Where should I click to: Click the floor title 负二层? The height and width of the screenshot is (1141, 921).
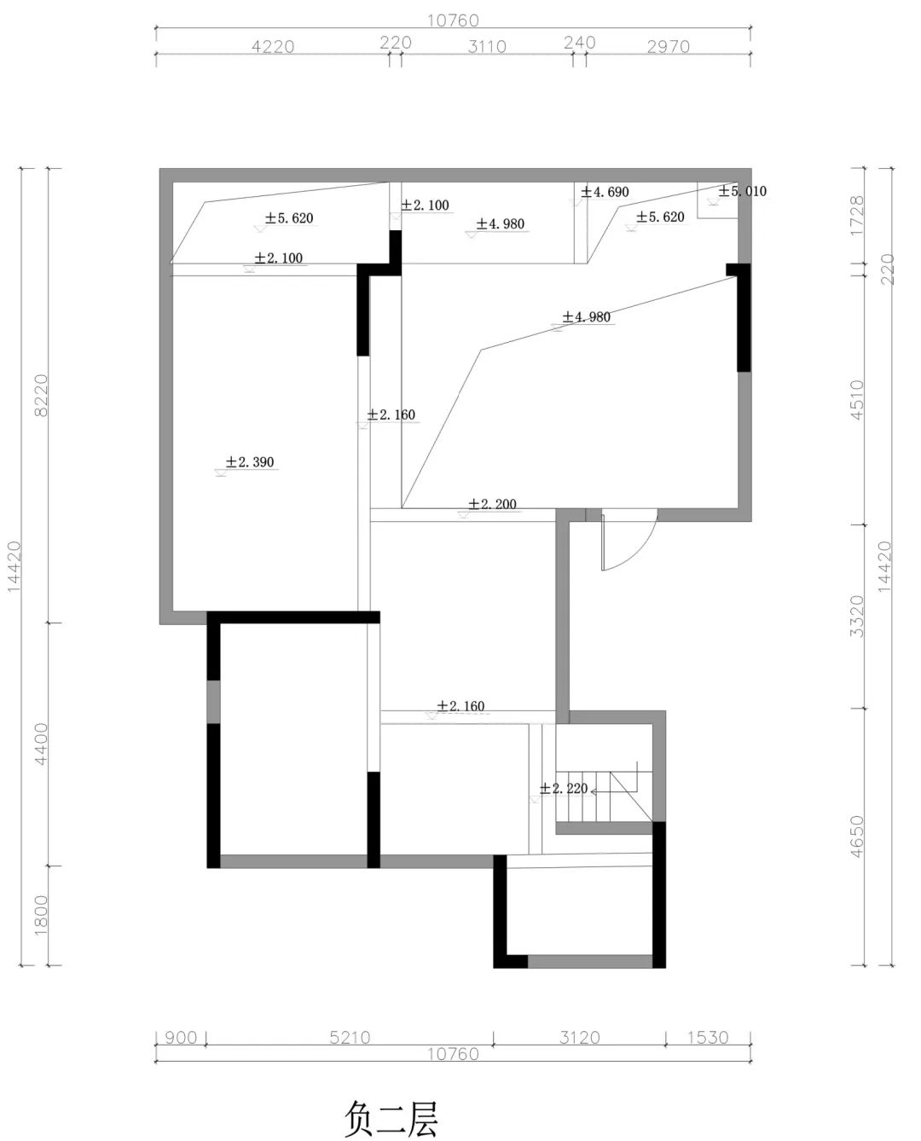[391, 1103]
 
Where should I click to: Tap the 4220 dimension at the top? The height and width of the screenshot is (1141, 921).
[273, 47]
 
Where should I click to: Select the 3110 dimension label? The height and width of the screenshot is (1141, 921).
[486, 47]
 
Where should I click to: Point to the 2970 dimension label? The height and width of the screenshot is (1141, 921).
[668, 47]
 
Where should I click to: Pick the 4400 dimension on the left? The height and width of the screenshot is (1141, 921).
[41, 744]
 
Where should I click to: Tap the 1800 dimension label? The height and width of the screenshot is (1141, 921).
[41, 915]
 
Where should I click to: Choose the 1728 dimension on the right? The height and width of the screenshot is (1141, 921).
[857, 216]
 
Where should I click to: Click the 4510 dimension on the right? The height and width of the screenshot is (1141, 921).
[857, 400]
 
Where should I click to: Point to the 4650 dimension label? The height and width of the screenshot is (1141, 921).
[857, 837]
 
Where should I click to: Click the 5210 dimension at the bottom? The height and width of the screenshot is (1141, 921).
[350, 1038]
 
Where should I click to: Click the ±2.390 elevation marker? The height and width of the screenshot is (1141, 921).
[249, 461]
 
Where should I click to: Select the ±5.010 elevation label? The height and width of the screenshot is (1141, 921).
[742, 191]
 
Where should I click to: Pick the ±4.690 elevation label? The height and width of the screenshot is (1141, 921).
[605, 191]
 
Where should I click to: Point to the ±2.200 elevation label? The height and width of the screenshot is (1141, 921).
[492, 503]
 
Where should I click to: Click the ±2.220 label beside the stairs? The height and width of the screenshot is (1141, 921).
[563, 789]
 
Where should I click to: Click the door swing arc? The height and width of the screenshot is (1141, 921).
[642, 552]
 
